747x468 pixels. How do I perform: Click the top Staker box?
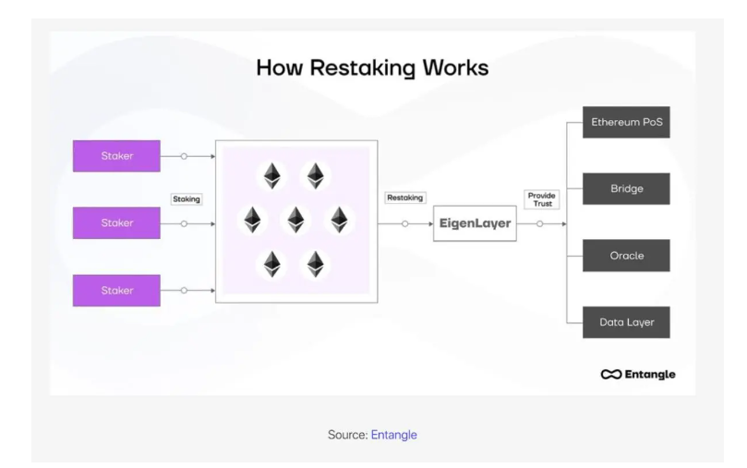click(116, 156)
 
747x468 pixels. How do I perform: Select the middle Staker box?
click(116, 222)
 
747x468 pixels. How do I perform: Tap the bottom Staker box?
click(116, 290)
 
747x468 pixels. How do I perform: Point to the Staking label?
click(187, 198)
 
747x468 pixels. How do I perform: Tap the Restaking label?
click(404, 198)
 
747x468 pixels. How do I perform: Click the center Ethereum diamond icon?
click(295, 220)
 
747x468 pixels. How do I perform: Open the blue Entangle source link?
click(394, 433)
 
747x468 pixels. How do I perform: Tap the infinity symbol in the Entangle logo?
click(611, 374)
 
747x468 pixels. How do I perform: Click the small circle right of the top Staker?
click(184, 156)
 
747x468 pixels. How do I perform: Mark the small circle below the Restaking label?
click(404, 223)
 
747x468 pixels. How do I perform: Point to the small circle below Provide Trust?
click(540, 223)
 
